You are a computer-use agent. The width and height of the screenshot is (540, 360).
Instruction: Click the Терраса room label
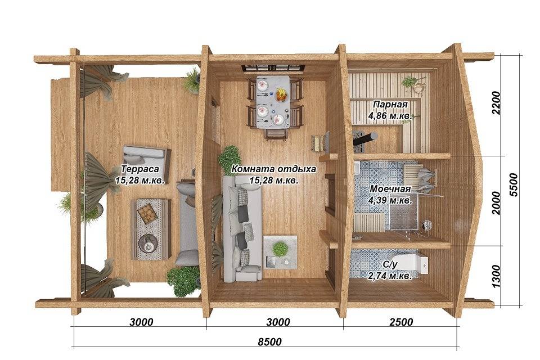[140, 169]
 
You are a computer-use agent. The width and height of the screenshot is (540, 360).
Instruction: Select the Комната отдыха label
[273, 169]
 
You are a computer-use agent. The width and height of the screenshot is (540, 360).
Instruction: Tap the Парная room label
[390, 104]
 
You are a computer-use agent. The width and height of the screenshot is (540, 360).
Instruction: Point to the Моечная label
[390, 189]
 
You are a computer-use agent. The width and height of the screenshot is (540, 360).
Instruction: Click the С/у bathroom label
[390, 264]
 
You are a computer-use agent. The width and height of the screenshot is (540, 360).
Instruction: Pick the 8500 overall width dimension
[269, 342]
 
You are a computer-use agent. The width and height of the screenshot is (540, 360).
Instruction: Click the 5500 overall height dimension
[513, 184]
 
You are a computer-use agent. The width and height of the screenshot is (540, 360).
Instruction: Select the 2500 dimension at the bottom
[401, 322]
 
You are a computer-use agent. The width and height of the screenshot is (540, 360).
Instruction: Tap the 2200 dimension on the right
[496, 103]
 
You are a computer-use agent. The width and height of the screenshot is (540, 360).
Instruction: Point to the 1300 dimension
[496, 276]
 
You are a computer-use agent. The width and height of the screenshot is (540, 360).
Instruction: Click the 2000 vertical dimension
[496, 202]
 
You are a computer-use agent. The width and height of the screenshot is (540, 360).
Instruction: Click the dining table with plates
[272, 102]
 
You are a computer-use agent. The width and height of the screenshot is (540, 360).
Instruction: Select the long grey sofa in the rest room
[242, 229]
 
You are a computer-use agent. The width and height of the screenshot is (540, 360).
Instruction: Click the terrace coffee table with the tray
[151, 229]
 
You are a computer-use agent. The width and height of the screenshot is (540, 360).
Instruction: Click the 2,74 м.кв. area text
[390, 276]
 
